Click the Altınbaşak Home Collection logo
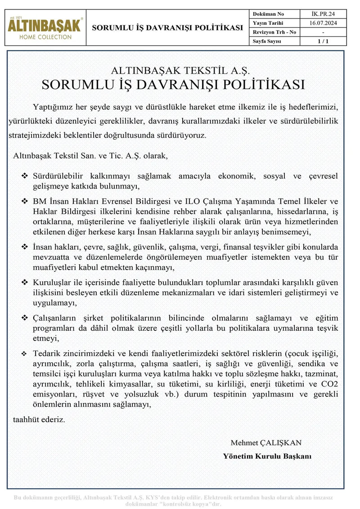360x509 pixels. (45, 28)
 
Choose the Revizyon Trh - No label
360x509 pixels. (274, 32)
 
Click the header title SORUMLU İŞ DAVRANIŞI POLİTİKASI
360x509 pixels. (167, 28)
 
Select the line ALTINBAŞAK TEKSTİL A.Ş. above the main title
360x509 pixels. (180, 71)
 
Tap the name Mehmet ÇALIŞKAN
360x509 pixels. (266, 443)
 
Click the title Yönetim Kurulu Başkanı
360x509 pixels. (267, 456)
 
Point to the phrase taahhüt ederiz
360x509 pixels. (39, 419)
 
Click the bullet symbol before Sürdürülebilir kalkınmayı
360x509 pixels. (25, 176)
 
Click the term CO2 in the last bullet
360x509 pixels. (328, 383)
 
